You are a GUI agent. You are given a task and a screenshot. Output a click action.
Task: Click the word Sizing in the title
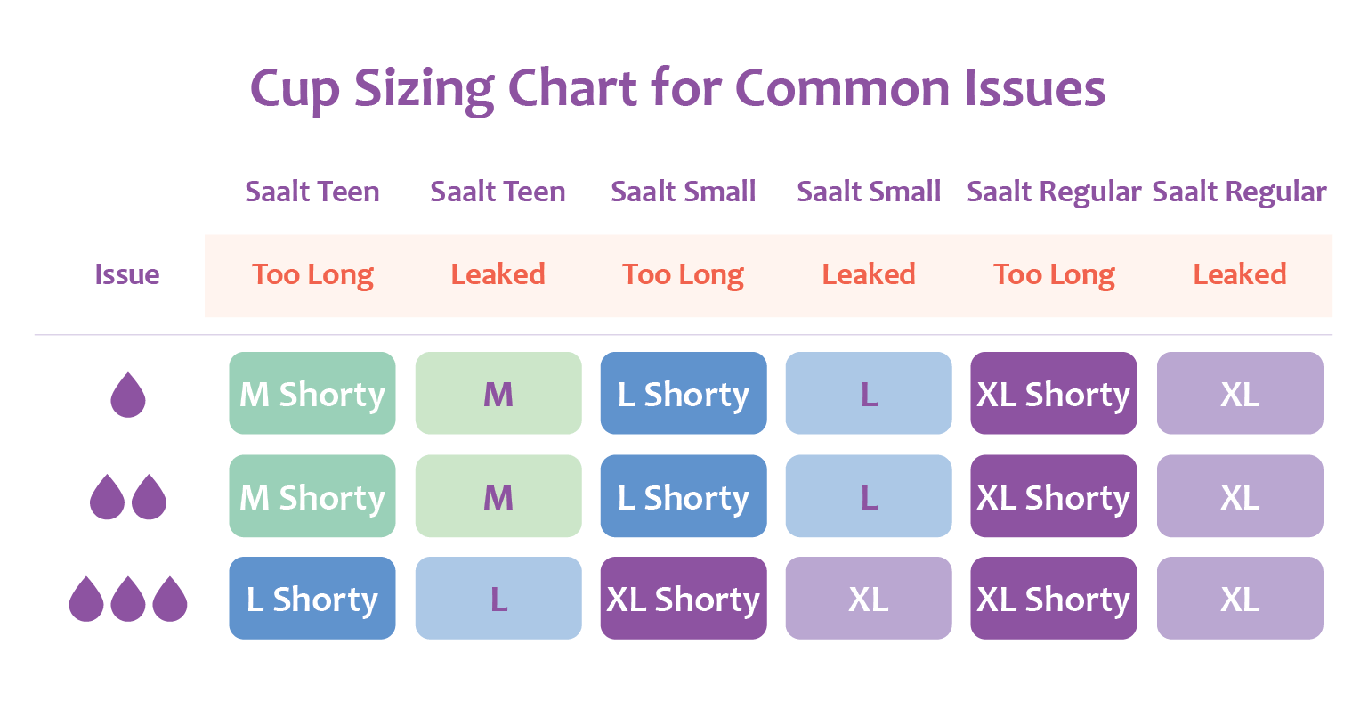pos(424,90)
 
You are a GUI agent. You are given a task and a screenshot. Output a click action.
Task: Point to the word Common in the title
pos(842,89)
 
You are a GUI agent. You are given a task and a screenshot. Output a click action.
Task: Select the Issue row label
pos(127,274)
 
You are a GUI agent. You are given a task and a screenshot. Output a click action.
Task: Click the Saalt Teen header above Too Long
pos(312,192)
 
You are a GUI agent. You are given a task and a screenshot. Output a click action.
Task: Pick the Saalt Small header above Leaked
pos(868,192)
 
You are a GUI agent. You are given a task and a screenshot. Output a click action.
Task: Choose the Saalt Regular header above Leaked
pos(1239,192)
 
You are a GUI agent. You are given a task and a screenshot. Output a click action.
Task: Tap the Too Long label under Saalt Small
pos(683,275)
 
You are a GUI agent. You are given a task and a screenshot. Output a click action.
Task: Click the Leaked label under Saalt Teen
pos(498,274)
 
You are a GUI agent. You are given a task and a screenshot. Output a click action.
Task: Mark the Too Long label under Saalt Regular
pos(1054,275)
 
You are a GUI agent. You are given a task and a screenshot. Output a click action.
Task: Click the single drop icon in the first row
pos(128,395)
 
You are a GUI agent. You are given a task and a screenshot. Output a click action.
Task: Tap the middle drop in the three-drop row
pos(128,599)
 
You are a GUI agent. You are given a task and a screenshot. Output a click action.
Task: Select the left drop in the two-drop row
pos(107,497)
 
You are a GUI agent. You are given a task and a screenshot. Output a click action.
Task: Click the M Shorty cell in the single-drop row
pos(312,393)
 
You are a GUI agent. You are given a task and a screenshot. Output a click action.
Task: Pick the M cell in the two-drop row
pos(498,495)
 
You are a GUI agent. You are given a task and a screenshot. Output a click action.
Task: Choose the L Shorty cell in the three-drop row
pos(312,598)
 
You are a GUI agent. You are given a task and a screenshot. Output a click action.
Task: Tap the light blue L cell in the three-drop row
pos(498,598)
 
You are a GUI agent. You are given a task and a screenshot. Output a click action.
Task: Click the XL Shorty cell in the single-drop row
pos(1054,393)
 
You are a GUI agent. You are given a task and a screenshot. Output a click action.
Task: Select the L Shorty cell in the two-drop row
pos(684,495)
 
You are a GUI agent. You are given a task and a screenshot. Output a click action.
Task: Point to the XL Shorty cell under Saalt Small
pos(684,598)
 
